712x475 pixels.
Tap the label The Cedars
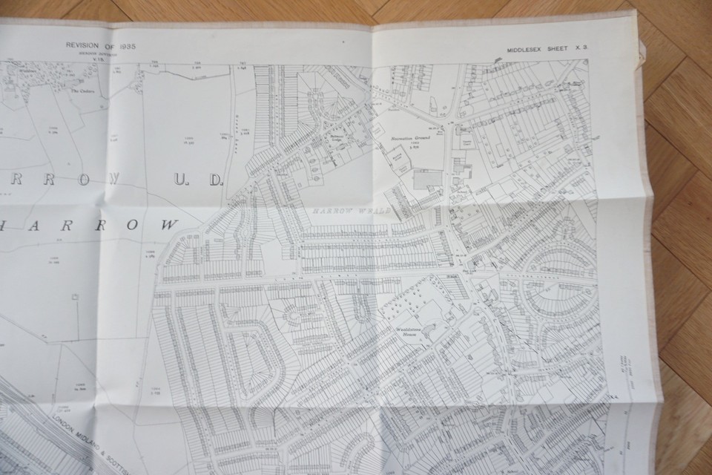[79, 94]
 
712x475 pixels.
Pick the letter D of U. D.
[215, 180]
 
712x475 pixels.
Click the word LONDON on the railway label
[65, 424]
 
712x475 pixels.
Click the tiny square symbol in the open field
[74, 297]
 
